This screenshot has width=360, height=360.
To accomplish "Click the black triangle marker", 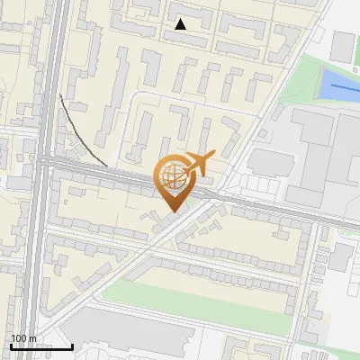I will pyautogui.click(x=181, y=24).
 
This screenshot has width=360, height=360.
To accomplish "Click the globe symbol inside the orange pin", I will pyautogui.click(x=172, y=178).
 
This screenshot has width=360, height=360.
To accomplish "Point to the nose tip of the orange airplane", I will pyautogui.click(x=213, y=155).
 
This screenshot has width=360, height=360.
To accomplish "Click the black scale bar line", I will pyautogui.click(x=41, y=346).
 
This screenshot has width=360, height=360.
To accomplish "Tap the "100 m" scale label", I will pyautogui.click(x=23, y=338).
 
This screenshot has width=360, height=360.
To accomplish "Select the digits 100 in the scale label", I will pyautogui.click(x=19, y=338).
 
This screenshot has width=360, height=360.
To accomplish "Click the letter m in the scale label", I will pyautogui.click(x=32, y=338).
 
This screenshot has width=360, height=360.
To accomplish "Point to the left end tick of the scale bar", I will pyautogui.click(x=11, y=345).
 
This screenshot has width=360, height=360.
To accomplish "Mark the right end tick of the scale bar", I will pyautogui.click(x=72, y=345).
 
